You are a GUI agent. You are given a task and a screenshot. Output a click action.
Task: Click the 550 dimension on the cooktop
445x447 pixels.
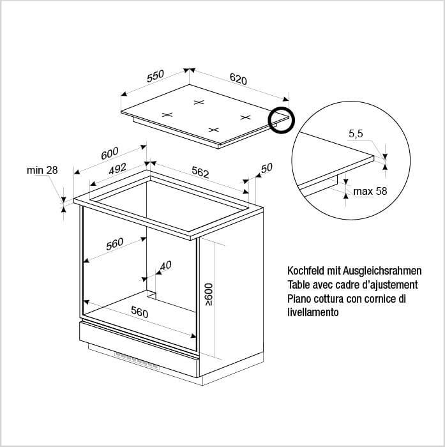click(x=155, y=76)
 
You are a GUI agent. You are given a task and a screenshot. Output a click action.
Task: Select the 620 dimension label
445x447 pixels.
click(x=238, y=79)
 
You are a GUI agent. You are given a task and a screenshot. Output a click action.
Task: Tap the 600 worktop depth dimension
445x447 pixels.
click(x=109, y=153)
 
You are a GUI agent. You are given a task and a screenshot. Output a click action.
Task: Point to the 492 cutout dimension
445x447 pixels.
click(x=117, y=169)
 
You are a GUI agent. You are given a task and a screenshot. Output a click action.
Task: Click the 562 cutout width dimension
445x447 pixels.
click(x=200, y=172)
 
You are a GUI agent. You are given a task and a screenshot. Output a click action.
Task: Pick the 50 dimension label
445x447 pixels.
click(x=266, y=168)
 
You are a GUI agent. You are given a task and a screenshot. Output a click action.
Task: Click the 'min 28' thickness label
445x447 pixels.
click(x=42, y=170)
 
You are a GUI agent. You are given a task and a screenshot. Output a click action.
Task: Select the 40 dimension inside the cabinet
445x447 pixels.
click(x=165, y=266)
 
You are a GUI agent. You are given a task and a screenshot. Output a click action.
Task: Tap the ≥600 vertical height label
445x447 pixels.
click(x=209, y=294)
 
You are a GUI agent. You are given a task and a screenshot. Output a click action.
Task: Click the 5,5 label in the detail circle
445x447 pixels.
click(x=356, y=133)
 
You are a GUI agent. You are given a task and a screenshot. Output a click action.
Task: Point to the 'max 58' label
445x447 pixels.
click(x=370, y=191)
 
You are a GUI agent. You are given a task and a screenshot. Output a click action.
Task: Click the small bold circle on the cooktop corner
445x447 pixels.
click(x=282, y=120)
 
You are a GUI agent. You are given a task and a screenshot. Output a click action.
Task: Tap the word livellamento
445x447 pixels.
click(x=313, y=312)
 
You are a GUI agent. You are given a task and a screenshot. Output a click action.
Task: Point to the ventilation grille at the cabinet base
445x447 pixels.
click(x=137, y=361)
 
